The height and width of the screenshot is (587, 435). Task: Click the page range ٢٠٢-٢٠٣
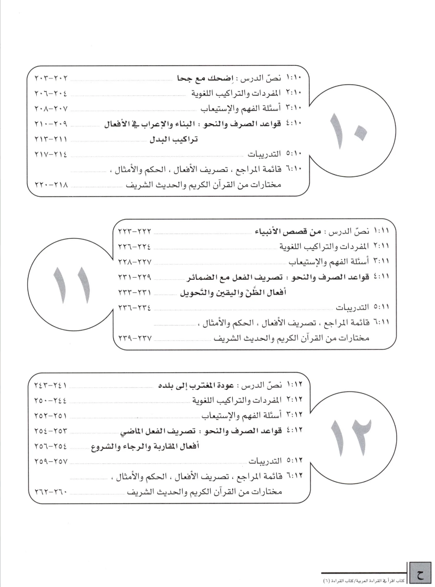47,79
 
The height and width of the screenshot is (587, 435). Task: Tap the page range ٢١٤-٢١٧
47,154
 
